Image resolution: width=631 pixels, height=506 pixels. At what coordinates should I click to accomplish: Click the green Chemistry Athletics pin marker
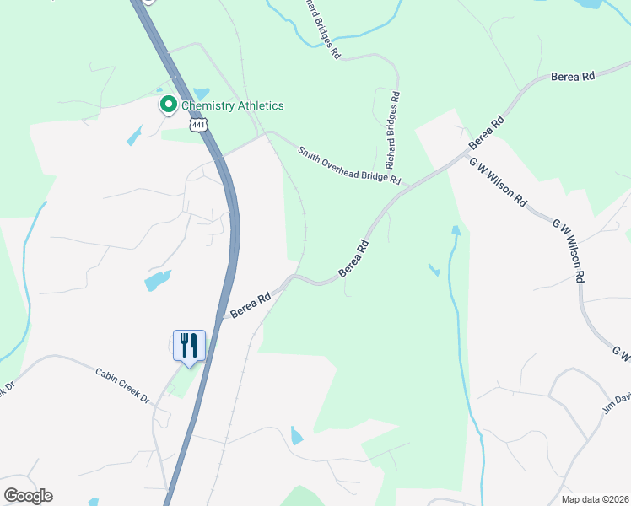(168, 105)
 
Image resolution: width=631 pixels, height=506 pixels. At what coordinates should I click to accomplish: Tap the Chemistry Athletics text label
(232, 105)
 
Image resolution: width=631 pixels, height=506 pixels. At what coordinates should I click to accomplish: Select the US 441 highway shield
(198, 125)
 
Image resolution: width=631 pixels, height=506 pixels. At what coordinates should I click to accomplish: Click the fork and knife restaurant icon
(188, 346)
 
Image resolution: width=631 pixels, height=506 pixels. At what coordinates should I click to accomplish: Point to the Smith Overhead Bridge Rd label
(348, 164)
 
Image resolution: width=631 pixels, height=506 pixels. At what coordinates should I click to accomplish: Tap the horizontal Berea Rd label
(573, 76)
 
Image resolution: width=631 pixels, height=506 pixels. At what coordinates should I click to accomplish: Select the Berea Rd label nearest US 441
(251, 305)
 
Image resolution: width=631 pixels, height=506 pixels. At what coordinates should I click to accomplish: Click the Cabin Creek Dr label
(121, 384)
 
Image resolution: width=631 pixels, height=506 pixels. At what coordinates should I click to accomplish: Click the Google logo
(28, 496)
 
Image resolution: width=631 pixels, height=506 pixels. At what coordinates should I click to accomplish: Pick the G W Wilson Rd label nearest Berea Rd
(499, 182)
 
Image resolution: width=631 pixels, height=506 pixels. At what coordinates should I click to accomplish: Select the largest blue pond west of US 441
(158, 280)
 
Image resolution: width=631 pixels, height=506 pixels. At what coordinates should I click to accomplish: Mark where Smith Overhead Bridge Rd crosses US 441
(220, 156)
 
